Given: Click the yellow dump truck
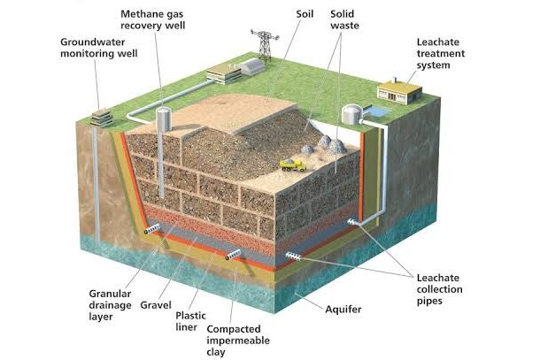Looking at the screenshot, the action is (293, 165).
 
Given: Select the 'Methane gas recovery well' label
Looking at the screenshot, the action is (152, 19).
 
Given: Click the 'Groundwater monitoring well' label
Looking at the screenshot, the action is (99, 48).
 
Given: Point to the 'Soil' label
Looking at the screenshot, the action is (305, 14).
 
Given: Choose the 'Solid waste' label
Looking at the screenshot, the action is (344, 19).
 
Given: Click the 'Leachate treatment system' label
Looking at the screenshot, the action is (441, 54).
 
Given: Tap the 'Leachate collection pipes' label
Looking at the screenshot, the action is (439, 289).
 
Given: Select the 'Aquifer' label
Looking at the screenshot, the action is (343, 309).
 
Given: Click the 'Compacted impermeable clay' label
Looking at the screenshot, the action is (238, 341).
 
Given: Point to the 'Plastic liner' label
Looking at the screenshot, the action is (190, 321).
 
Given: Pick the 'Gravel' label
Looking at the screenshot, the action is (156, 305).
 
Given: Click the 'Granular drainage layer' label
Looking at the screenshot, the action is (110, 305).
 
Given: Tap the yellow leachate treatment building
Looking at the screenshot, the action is (399, 91).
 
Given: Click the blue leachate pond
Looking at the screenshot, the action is (379, 111).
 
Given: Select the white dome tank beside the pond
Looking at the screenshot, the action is (352, 114).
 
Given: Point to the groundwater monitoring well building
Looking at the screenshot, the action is (101, 118).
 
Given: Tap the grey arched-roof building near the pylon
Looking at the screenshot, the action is (252, 66).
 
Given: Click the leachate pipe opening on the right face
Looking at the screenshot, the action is (355, 223).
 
